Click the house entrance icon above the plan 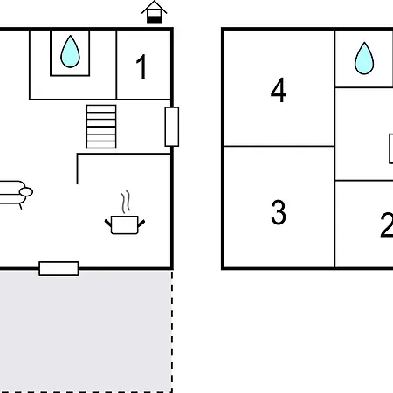(154, 12)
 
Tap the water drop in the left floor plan (70, 52)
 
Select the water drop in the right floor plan (364, 59)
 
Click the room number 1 (141, 67)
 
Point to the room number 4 (279, 90)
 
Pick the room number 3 (279, 212)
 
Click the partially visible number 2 (387, 225)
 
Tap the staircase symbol (101, 127)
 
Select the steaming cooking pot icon (125, 212)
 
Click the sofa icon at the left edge (15, 193)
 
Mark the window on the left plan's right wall (172, 127)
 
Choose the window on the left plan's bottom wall (59, 268)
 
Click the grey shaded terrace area (86, 331)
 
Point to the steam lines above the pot (126, 202)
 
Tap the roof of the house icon (154, 6)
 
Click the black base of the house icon (154, 20)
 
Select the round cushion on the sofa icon (26, 192)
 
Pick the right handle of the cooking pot (141, 224)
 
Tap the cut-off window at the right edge (391, 148)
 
